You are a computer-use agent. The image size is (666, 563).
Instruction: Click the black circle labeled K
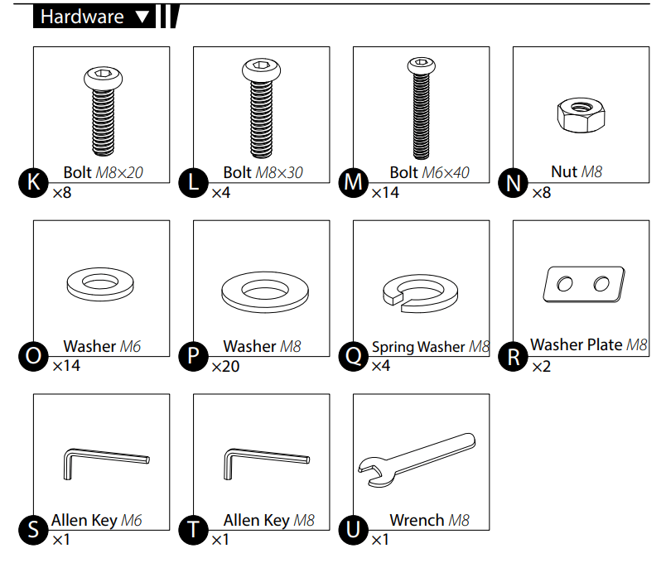(34, 183)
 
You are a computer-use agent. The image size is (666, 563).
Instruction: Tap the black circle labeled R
(513, 357)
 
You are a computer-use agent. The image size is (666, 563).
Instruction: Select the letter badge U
(354, 530)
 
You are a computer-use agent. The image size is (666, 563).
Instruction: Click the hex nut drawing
(581, 114)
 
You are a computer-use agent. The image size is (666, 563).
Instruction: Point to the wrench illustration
(416, 459)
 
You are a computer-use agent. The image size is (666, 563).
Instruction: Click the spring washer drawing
(420, 293)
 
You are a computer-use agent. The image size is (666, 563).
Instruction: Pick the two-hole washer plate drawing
(584, 285)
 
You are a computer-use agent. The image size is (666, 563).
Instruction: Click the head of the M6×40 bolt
(422, 65)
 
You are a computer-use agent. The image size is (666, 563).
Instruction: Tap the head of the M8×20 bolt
(104, 77)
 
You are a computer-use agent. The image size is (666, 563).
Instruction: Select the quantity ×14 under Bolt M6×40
(385, 193)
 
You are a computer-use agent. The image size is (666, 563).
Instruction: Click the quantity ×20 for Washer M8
(225, 366)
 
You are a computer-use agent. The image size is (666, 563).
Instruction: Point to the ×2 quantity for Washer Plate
(542, 366)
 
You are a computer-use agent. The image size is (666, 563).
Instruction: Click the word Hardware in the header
(82, 17)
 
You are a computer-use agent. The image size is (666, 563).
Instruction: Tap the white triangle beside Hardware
(142, 17)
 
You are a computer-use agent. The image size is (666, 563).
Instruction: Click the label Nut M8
(577, 171)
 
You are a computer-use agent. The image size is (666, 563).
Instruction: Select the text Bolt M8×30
(263, 172)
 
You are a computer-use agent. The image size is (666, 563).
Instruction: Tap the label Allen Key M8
(269, 520)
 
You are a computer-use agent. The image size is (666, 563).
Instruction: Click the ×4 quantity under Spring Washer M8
(380, 366)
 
